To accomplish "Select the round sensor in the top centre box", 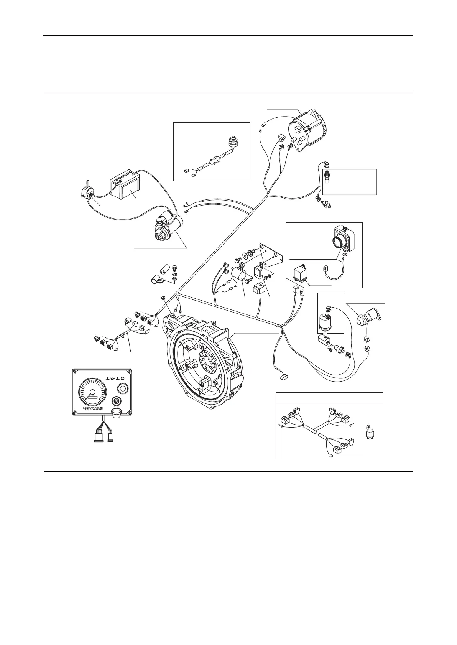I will click(232, 142).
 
